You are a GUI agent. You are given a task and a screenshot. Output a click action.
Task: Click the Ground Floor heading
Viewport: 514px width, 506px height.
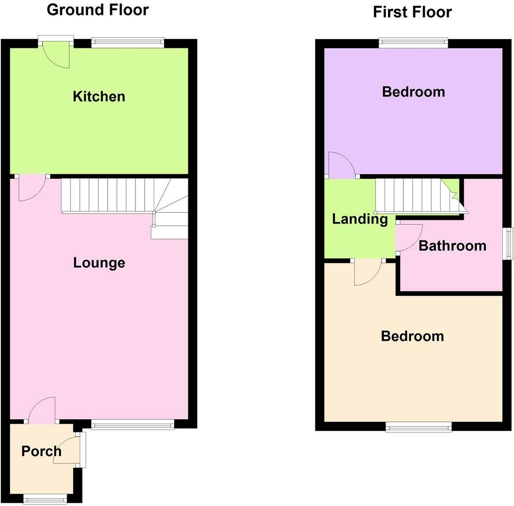97,9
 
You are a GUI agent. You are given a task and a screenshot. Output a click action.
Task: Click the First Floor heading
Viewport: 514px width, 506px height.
412,12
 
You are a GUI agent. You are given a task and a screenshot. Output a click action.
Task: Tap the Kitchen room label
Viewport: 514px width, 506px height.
99,96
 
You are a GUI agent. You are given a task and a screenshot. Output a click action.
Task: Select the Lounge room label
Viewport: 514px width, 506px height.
99,263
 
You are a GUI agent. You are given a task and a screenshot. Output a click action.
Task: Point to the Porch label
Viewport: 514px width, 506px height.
42,451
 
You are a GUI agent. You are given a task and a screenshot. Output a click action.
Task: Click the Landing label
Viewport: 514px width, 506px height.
360,219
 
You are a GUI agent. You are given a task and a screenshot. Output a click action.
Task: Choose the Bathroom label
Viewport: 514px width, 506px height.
452,245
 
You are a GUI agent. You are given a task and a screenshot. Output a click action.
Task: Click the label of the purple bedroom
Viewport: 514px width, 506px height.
413,92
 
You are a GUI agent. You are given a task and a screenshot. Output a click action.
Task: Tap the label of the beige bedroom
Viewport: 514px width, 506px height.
412,336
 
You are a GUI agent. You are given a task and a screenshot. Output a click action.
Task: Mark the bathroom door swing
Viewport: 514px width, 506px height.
410,238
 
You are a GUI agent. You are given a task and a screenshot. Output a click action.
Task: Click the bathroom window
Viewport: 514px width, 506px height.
507,243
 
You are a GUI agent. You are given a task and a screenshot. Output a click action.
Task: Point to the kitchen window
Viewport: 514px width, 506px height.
128,43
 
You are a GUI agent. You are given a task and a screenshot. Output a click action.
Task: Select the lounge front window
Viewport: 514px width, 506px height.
132,424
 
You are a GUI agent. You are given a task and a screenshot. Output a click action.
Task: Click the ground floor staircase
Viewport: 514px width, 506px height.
124,197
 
